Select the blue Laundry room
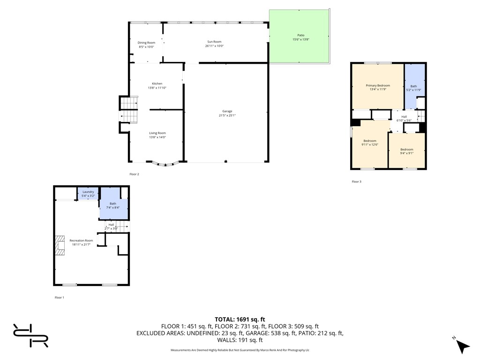88,193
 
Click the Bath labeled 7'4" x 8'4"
113,205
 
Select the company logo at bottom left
30,336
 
